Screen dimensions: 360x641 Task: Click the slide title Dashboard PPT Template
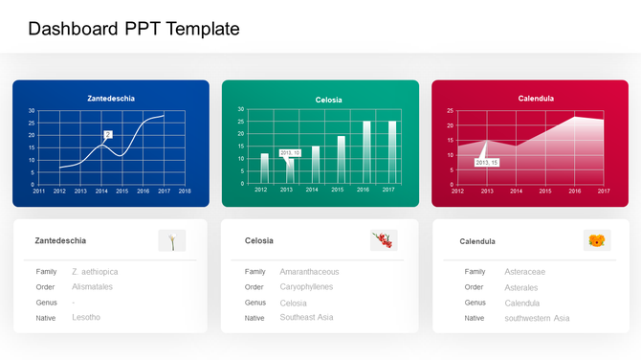click(x=134, y=30)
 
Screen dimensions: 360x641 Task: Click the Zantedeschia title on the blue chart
click(x=111, y=99)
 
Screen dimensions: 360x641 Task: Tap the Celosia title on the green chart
click(x=328, y=100)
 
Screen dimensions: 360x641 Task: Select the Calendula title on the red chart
click(x=536, y=99)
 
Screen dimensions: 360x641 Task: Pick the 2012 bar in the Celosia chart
click(x=265, y=168)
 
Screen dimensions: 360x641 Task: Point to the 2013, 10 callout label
click(x=290, y=153)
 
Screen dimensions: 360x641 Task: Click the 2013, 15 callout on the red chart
click(x=487, y=163)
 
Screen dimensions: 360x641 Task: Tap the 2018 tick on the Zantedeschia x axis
click(x=185, y=191)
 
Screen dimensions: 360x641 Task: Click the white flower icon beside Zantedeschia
click(x=172, y=241)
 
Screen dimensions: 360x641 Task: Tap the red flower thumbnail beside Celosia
click(x=384, y=241)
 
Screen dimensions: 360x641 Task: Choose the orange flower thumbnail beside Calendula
click(x=597, y=241)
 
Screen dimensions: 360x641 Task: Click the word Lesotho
click(x=86, y=317)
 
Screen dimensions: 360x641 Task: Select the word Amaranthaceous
click(x=309, y=272)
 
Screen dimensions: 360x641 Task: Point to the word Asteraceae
click(x=524, y=272)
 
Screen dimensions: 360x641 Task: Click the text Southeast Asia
click(x=306, y=317)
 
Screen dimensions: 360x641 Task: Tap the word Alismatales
click(x=92, y=286)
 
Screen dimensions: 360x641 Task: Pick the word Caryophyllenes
click(x=306, y=286)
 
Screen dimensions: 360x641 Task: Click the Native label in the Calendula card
click(x=475, y=318)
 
